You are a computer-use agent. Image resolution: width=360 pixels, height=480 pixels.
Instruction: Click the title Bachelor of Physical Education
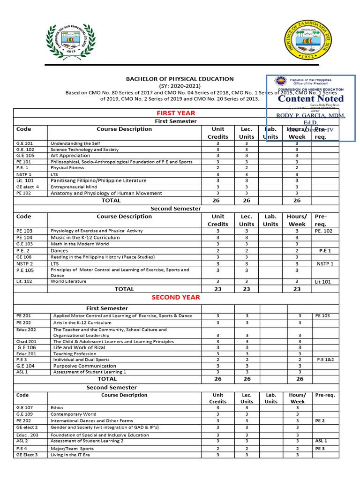(x=180, y=79)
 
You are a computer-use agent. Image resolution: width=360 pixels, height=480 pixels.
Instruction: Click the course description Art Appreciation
(x=70, y=155)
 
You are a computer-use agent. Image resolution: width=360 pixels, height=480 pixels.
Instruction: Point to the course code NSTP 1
(x=24, y=174)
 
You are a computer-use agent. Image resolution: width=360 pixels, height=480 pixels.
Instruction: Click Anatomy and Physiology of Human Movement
(x=106, y=193)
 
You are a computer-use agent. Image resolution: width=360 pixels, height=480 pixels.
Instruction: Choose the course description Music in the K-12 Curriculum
(x=85, y=238)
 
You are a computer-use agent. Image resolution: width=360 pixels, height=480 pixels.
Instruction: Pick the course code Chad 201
(x=26, y=342)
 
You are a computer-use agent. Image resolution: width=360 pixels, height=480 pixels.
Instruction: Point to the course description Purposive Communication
(x=83, y=366)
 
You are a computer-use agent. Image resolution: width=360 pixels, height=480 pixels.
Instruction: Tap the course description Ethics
(x=57, y=408)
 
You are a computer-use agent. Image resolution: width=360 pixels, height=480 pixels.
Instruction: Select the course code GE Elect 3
(x=27, y=455)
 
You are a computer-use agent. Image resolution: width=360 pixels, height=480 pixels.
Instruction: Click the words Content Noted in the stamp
(x=310, y=98)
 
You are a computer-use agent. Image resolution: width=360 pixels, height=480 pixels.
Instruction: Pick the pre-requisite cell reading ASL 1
(x=322, y=441)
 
